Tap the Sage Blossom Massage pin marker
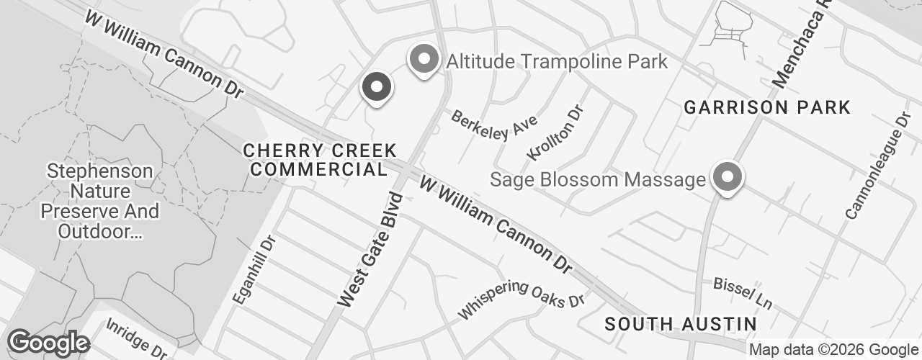click(728, 177)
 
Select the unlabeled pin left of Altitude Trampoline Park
click(375, 89)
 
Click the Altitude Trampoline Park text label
click(557, 61)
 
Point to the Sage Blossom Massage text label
click(597, 179)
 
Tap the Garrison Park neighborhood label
click(767, 108)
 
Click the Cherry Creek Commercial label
click(320, 160)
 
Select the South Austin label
click(681, 324)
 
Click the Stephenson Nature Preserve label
click(99, 202)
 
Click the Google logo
click(48, 343)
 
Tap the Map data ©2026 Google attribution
click(833, 350)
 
